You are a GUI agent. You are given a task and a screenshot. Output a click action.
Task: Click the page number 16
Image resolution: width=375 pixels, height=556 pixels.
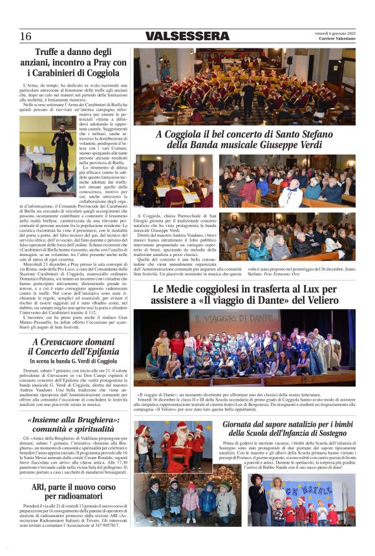click(25, 36)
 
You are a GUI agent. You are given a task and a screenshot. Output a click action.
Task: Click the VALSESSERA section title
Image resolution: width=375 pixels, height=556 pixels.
click(187, 36)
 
